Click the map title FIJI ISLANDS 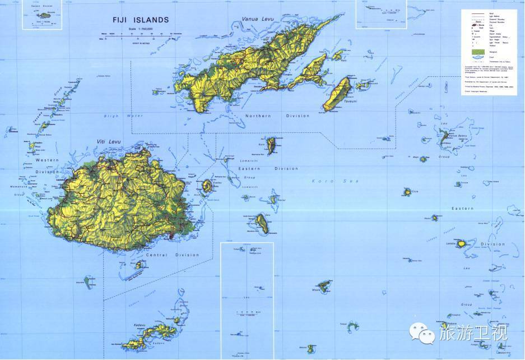[141, 20]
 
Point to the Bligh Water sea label [122, 116]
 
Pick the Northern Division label [277, 116]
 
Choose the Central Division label [172, 255]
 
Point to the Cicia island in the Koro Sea [407, 192]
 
